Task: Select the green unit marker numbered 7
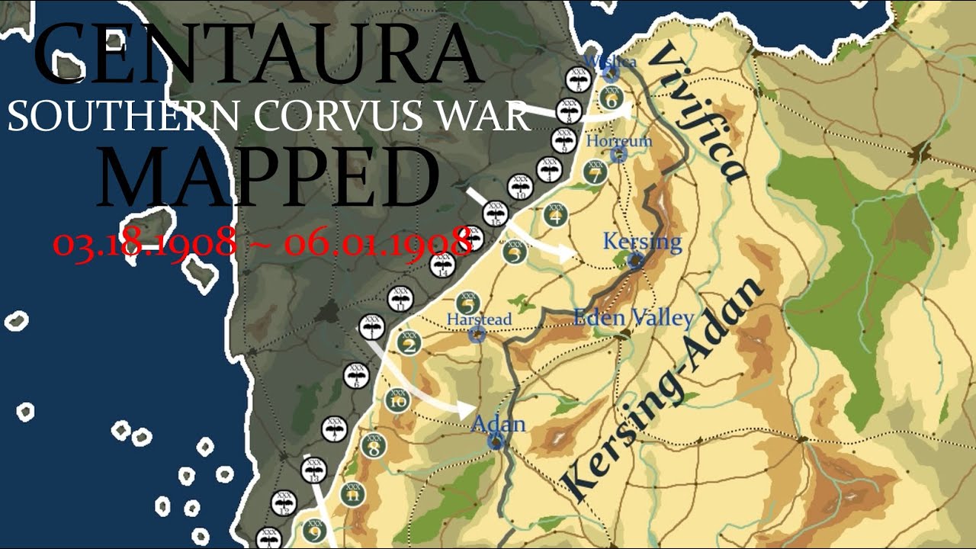coord(595,172)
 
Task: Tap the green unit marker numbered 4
coord(556,216)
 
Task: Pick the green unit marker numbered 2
coord(410,345)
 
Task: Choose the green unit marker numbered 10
coord(396,400)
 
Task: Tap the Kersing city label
coord(642,242)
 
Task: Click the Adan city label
coord(499,423)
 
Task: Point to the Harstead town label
coord(479,319)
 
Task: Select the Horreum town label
coord(619,141)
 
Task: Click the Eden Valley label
coord(634,318)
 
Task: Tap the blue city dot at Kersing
coord(635,262)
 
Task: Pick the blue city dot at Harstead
coord(477,334)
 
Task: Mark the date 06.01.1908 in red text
coord(377,243)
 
